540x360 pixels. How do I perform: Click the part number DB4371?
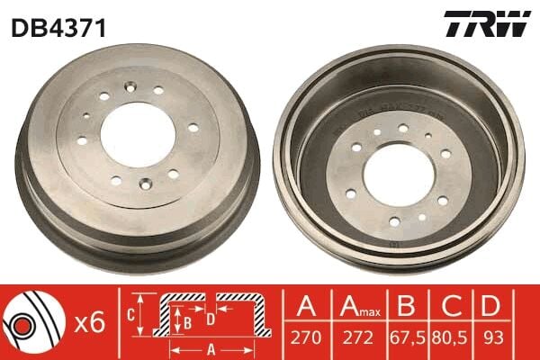[58, 28]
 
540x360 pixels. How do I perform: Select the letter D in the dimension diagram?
[210, 318]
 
